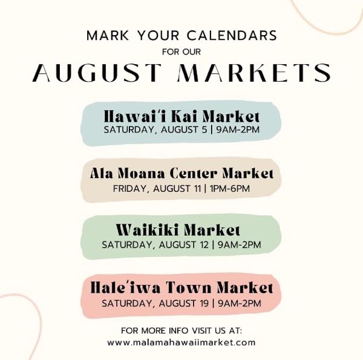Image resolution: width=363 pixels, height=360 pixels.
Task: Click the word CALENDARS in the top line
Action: (232, 36)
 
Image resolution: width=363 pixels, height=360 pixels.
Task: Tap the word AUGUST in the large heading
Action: (97, 72)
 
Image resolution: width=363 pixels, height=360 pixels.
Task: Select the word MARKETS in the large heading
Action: (254, 72)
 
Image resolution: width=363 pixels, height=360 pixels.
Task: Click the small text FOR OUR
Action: (181, 51)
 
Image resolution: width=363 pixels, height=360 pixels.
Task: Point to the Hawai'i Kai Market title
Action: (181, 116)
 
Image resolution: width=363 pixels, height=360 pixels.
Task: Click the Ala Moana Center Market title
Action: (181, 174)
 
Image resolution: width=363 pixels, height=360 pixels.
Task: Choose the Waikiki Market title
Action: (178, 231)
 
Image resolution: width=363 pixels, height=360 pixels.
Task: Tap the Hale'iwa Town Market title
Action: (181, 288)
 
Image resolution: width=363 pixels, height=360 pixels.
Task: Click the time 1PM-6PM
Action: (230, 189)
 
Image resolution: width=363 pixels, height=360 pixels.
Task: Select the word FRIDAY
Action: (130, 189)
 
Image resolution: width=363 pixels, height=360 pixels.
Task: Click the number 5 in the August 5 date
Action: (204, 129)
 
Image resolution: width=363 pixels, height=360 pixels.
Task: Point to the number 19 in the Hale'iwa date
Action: (203, 304)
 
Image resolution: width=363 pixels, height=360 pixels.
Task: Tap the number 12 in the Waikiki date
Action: (203, 244)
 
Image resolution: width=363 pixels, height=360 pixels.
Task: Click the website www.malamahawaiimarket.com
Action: (181, 342)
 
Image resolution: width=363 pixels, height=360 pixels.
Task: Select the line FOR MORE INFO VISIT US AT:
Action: (181, 330)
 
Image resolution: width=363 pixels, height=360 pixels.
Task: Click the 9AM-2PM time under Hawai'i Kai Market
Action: (238, 129)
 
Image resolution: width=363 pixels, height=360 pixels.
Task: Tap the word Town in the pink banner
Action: (189, 288)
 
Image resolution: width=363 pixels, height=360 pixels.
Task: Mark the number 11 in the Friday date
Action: (197, 189)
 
